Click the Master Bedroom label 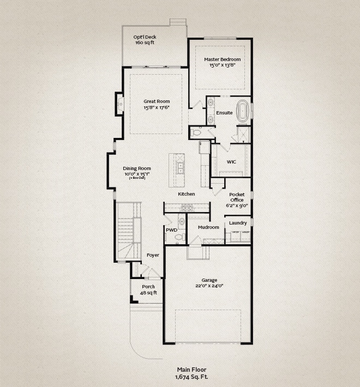click(222, 59)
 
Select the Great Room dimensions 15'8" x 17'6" click(157, 107)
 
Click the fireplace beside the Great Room click(120, 104)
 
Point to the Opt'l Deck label click(145, 37)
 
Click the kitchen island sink click(181, 168)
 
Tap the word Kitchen click(187, 194)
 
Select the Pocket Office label click(237, 197)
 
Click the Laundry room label click(238, 223)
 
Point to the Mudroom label click(208, 227)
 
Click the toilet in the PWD click(180, 238)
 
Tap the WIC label click(231, 162)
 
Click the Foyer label click(153, 255)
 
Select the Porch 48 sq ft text click(148, 290)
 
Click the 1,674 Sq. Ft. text click(191, 377)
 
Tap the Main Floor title click(191, 370)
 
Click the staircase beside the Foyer click(129, 231)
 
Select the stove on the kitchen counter click(187, 208)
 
